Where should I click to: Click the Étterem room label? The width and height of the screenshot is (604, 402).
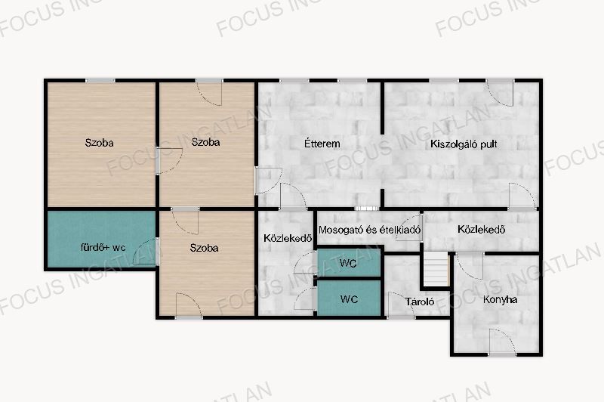tap(322, 144)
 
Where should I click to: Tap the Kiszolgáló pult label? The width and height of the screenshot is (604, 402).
tap(464, 144)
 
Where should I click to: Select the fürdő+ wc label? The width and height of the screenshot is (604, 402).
tap(103, 247)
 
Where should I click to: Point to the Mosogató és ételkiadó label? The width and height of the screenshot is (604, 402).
tap(369, 230)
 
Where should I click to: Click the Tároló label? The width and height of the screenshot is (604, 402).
tap(420, 301)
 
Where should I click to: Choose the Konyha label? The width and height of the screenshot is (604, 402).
tap(500, 299)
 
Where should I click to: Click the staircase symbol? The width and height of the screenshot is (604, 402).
tap(436, 269)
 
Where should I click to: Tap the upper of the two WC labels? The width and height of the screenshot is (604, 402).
tap(348, 263)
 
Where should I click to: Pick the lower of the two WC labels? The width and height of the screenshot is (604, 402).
tap(349, 299)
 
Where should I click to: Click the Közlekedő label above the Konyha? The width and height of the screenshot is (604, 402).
tap(481, 229)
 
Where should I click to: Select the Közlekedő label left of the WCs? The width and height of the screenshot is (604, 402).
tap(288, 238)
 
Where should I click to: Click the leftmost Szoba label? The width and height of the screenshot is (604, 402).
tap(99, 143)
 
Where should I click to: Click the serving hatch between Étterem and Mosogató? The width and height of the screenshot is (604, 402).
tap(366, 209)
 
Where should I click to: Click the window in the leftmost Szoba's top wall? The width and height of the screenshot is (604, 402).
tap(100, 81)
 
